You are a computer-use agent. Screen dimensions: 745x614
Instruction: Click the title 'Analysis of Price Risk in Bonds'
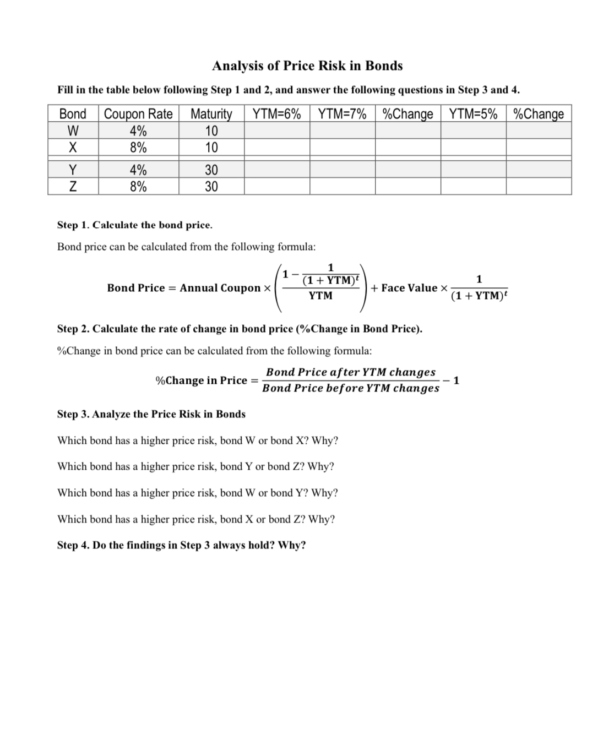pyautogui.click(x=307, y=66)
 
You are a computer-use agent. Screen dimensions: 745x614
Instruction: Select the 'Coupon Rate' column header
pyautogui.click(x=138, y=114)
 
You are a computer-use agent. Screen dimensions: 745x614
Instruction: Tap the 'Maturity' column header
pyautogui.click(x=211, y=114)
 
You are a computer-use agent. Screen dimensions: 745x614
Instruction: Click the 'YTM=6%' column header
pyautogui.click(x=276, y=114)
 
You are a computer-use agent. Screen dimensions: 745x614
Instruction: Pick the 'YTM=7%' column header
pyautogui.click(x=342, y=114)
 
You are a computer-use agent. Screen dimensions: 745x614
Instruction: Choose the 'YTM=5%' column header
pyautogui.click(x=473, y=114)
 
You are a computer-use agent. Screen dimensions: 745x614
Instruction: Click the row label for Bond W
pyautogui.click(x=73, y=131)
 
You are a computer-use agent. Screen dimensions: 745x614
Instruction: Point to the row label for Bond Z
pyautogui.click(x=73, y=187)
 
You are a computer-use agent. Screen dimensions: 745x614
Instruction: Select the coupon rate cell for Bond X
pyautogui.click(x=138, y=148)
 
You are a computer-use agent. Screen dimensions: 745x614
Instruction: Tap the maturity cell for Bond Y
pyautogui.click(x=211, y=170)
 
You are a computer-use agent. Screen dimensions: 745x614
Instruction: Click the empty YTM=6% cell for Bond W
pyautogui.click(x=276, y=131)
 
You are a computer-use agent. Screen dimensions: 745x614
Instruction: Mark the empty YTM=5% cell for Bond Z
pyautogui.click(x=473, y=187)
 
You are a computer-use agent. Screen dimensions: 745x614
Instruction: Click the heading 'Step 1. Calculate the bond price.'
pyautogui.click(x=134, y=225)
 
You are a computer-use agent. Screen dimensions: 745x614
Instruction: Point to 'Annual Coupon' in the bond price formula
pyautogui.click(x=220, y=288)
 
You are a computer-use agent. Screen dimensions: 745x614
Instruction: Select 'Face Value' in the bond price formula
pyautogui.click(x=409, y=288)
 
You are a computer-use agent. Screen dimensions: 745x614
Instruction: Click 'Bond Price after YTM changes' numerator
pyautogui.click(x=351, y=372)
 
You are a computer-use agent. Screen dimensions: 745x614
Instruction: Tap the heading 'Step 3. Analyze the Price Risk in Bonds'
pyautogui.click(x=151, y=414)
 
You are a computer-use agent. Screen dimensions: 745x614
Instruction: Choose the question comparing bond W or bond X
pyautogui.click(x=198, y=441)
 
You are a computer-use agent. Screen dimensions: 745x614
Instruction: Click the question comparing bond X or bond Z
pyautogui.click(x=196, y=519)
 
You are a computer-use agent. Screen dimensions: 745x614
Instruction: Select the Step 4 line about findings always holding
pyautogui.click(x=181, y=545)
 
